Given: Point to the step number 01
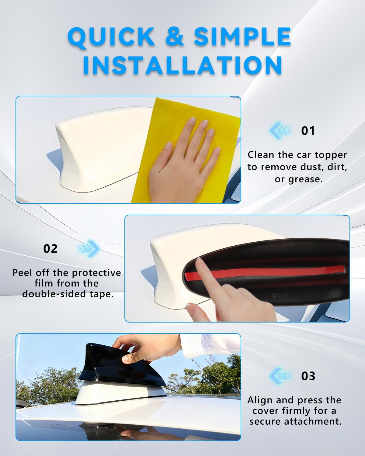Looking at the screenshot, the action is click(308, 131).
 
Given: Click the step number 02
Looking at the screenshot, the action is click(50, 249).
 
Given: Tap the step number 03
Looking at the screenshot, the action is click(308, 376).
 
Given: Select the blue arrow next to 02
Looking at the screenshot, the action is click(89, 249).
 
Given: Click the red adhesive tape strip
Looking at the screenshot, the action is click(264, 272).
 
